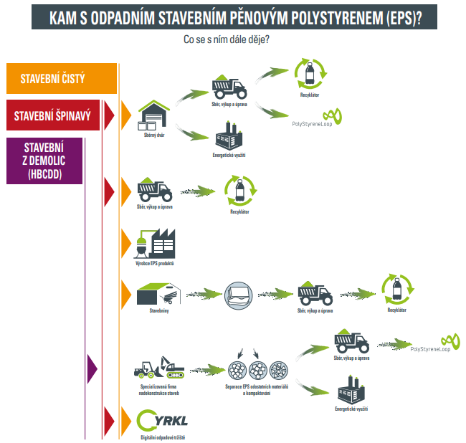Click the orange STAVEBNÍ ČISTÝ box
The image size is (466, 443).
[x=61, y=79]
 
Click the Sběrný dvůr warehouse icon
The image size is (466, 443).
[x=154, y=115]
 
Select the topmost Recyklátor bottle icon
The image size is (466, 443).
[x=310, y=72]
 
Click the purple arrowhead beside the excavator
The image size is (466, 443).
[x=92, y=367]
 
